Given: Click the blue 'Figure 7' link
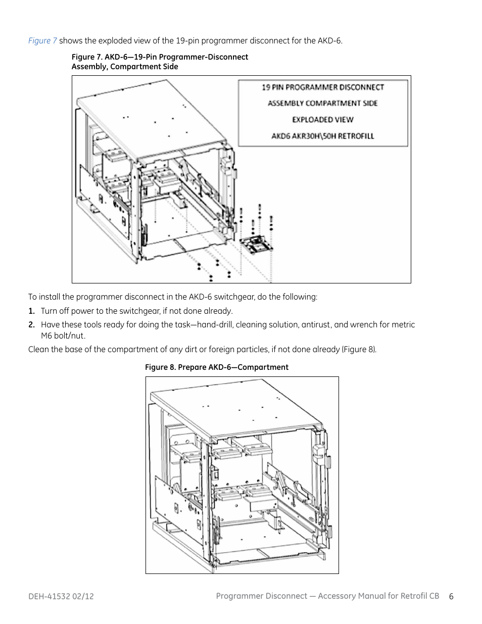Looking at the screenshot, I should (x=42, y=41).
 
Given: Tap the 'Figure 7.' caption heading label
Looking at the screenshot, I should (x=86, y=57).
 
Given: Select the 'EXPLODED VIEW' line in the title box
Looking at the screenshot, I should (x=322, y=120).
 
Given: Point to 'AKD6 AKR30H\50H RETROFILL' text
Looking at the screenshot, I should (x=322, y=136).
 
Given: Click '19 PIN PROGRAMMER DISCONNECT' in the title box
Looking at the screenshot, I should (x=322, y=87).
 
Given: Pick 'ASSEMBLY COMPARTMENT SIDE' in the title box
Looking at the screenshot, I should (x=322, y=104).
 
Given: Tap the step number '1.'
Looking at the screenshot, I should (x=31, y=311).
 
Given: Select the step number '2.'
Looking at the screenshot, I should (x=31, y=325).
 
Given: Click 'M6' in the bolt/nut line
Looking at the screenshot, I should (x=46, y=336).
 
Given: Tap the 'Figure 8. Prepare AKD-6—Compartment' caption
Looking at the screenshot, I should (x=216, y=367).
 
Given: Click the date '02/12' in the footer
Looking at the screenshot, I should (x=83, y=597).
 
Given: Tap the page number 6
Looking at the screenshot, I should (x=451, y=597).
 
